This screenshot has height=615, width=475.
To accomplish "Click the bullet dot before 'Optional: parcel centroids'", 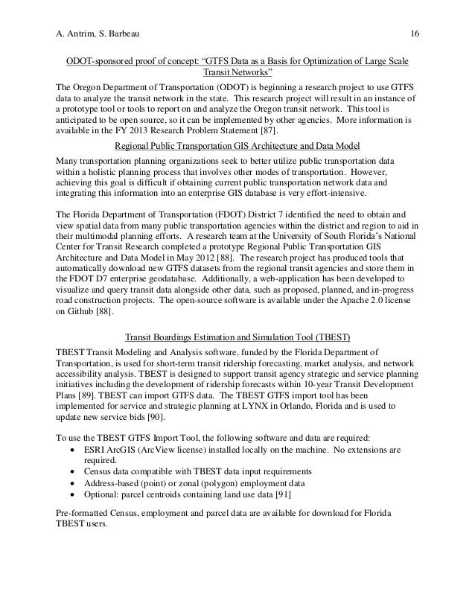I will coord(70,496).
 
